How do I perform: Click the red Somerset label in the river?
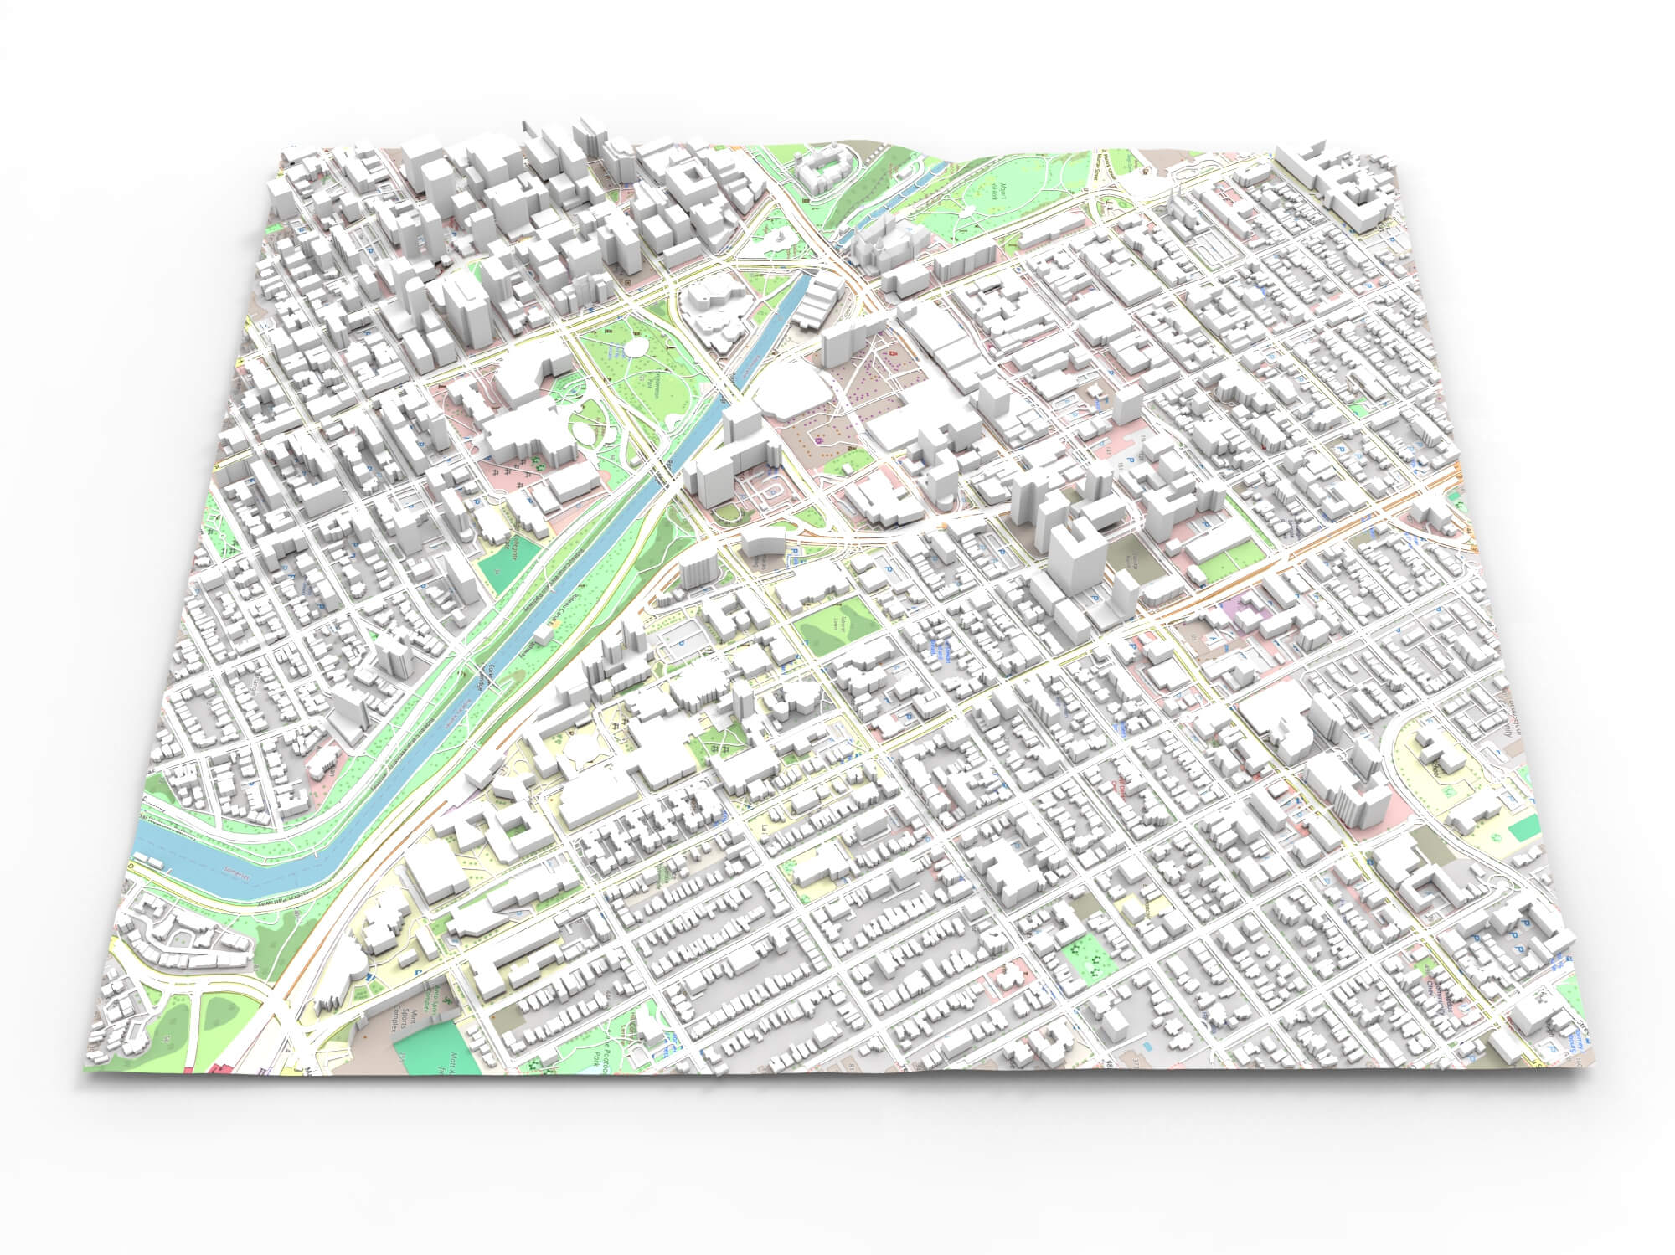[x=237, y=872]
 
